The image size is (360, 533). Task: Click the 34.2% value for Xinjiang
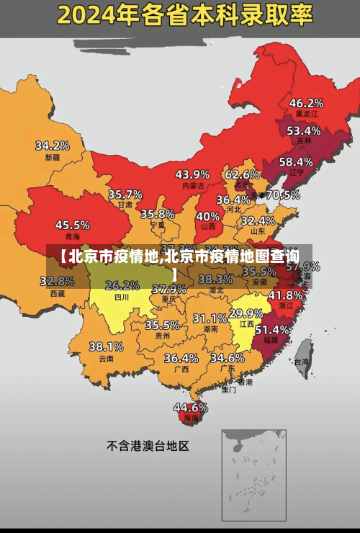(53, 145)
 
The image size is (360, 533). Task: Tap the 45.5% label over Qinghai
(73, 225)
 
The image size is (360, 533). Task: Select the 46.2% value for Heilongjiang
(306, 102)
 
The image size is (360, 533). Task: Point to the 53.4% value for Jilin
(303, 130)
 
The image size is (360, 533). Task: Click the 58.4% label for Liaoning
(296, 161)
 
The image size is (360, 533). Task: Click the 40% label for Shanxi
(208, 215)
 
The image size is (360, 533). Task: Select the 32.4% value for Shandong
(258, 220)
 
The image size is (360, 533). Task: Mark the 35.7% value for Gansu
(125, 194)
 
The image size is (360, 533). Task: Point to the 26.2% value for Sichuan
(122, 285)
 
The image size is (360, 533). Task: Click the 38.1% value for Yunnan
(106, 346)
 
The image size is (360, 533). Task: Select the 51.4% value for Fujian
(272, 329)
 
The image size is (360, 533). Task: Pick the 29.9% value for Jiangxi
(246, 313)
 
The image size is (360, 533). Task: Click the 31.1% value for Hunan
(210, 318)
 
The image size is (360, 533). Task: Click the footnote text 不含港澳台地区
(148, 446)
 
